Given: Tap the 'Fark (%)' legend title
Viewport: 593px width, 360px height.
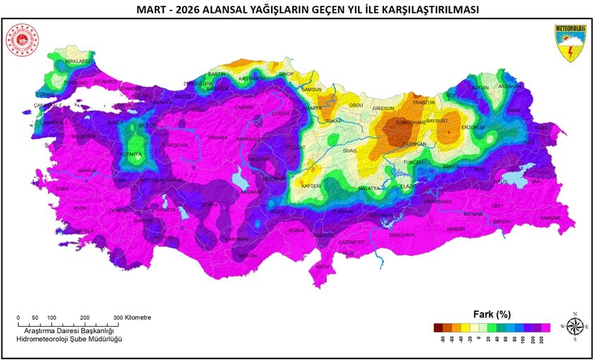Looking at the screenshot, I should pyautogui.click(x=491, y=313).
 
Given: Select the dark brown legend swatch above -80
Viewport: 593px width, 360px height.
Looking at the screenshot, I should pyautogui.click(x=438, y=327).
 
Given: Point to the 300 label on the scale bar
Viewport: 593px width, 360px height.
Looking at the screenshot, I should pyautogui.click(x=118, y=318).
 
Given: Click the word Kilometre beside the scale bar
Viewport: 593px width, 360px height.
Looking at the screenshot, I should pyautogui.click(x=138, y=318).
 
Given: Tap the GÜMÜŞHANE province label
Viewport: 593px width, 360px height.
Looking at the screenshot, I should pyautogui.click(x=409, y=122).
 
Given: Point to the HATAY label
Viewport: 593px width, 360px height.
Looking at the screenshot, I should pyautogui.click(x=323, y=267).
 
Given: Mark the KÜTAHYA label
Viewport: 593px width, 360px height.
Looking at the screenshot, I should pyautogui.click(x=130, y=154).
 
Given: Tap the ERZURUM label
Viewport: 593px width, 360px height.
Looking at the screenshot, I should pyautogui.click(x=473, y=127).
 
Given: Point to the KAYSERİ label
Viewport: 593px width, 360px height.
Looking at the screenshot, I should pyautogui.click(x=311, y=186).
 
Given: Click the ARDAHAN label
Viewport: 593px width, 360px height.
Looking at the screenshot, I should pyautogui.click(x=509, y=87).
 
